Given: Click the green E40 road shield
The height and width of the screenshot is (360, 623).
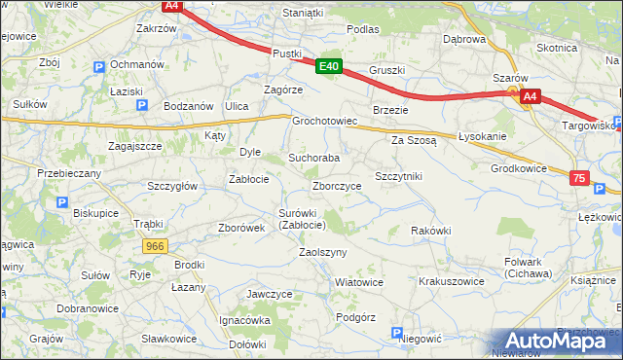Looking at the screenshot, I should tap(328, 67).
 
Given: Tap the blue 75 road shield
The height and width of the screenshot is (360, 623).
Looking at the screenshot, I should tap(580, 178).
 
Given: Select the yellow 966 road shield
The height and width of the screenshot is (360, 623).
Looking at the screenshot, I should tap(154, 247).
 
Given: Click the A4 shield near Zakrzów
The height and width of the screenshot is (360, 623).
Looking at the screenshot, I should tap(171, 6).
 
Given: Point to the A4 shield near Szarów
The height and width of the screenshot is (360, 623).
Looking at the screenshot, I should tap(530, 96).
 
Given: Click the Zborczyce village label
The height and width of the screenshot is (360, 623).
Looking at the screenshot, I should tap(337, 186).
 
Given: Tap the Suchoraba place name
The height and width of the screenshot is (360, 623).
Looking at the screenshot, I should tap(313, 158).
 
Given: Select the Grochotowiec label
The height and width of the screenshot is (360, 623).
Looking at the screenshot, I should tap(326, 122).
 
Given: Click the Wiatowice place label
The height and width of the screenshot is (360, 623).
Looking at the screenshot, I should tap(358, 282).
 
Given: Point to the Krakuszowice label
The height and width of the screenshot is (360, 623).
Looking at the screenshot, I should tap(451, 280).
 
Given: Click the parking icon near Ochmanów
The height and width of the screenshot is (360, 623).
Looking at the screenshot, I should tap(98, 66).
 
